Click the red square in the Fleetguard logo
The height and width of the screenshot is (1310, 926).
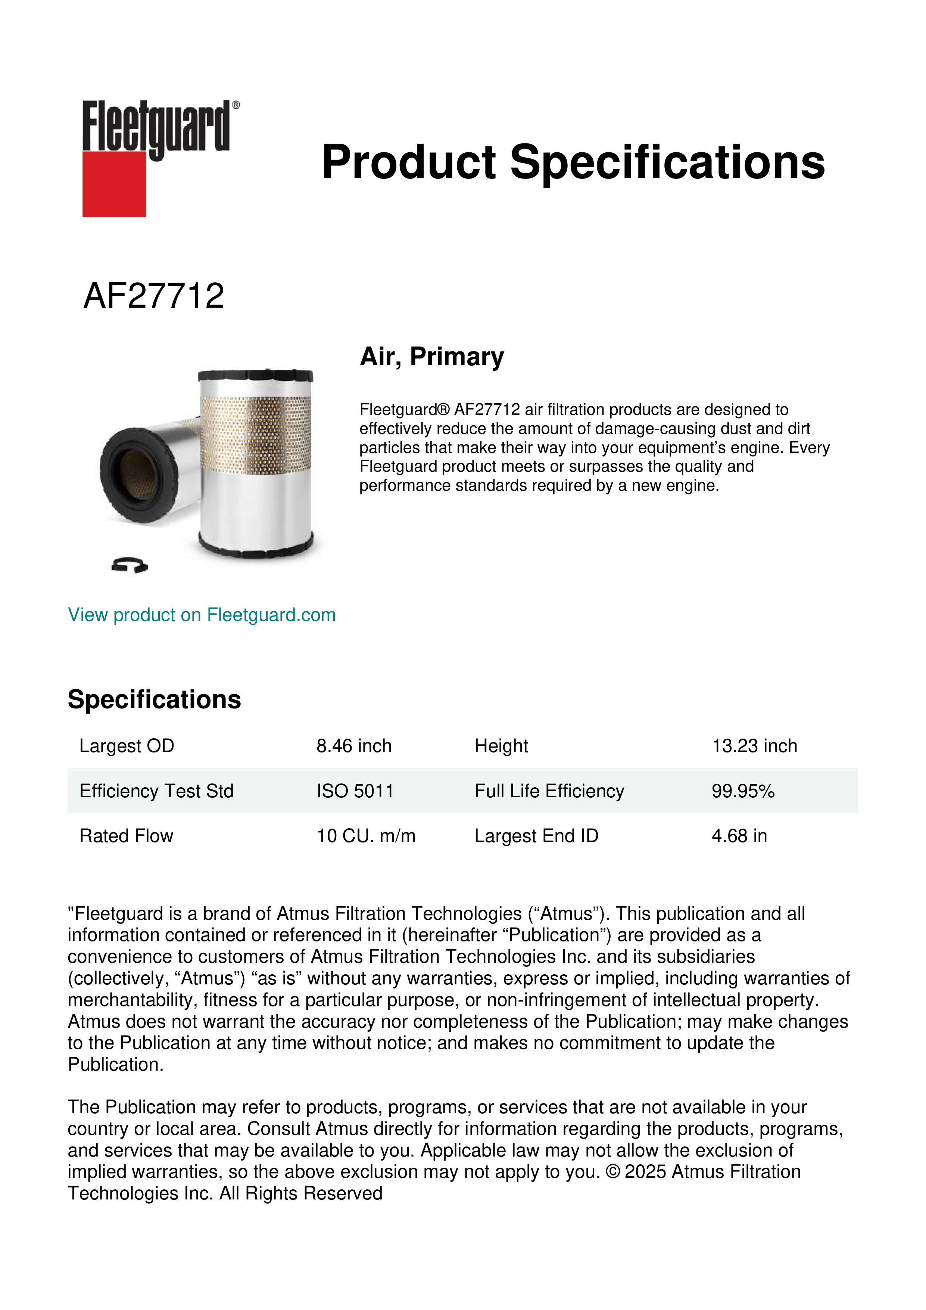(x=114, y=184)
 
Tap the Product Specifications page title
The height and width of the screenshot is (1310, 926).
(x=573, y=162)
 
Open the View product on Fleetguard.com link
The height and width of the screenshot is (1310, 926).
(x=201, y=615)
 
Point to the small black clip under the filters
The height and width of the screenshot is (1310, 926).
(x=130, y=565)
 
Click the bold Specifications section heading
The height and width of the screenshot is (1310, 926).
(x=154, y=699)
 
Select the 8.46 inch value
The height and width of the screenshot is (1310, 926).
(x=354, y=746)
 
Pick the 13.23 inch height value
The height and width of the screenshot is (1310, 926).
(x=754, y=746)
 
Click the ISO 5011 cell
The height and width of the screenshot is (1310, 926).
(x=355, y=791)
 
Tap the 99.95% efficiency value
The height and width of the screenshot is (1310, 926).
(x=742, y=791)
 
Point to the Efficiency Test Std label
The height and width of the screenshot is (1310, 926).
(x=156, y=791)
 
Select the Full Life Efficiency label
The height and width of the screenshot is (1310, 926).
(x=549, y=791)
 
